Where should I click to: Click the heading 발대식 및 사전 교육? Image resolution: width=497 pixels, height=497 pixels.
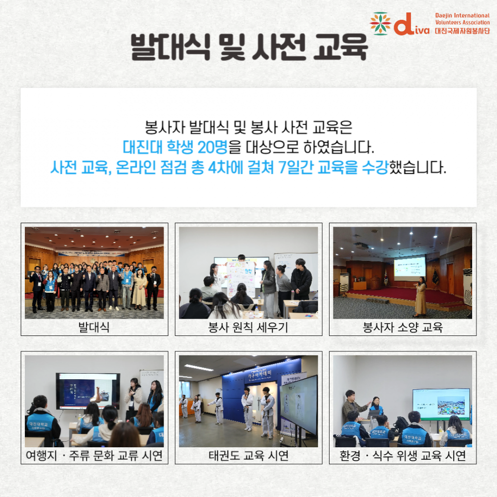coord(249,47)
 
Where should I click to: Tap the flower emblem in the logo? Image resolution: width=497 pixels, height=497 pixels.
coord(380,23)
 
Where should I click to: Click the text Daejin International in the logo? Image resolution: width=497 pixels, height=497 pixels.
coord(462,15)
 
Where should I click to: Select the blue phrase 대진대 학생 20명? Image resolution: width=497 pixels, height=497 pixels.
coord(175,147)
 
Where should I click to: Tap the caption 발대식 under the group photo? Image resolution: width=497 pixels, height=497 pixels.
coord(94,327)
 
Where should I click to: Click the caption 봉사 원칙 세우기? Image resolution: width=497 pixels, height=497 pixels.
coord(248,327)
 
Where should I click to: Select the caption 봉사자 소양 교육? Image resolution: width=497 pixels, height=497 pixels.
coord(403,327)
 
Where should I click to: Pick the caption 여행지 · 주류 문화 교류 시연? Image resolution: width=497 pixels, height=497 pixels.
coord(94,455)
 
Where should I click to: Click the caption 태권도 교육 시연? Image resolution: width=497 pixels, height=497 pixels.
coord(248,455)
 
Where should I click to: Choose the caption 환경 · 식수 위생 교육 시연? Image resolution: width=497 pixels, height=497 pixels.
coord(403,455)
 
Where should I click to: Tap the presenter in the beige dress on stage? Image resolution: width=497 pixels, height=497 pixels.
coord(420,297)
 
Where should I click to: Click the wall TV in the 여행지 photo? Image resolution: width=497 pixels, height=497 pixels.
coord(88,391)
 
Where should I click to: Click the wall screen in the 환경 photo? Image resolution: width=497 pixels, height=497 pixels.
coord(441,404)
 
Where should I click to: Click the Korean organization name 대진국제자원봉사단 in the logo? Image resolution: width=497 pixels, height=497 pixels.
coord(462,31)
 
